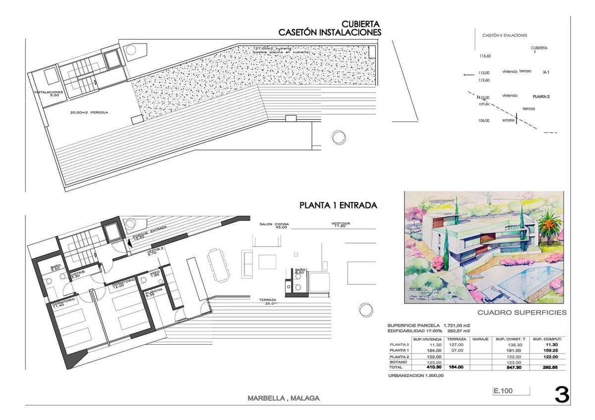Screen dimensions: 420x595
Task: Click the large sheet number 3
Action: tap(561, 395)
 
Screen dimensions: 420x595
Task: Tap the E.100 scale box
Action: tap(503, 391)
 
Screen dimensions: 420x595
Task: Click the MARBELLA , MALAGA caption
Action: tap(283, 398)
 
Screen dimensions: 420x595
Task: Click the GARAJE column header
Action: tap(480, 339)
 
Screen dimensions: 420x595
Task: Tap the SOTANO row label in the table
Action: tap(399, 362)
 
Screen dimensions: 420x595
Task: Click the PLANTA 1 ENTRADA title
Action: tap(338, 205)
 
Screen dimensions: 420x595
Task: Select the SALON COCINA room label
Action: tap(274, 226)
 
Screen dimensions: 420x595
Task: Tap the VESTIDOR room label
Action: tap(341, 225)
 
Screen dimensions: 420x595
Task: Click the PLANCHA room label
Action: tap(151, 293)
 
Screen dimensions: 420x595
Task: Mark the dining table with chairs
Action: tap(217, 263)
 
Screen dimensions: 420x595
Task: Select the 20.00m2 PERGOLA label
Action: tap(89, 113)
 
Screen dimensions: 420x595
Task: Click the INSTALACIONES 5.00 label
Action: tap(49, 94)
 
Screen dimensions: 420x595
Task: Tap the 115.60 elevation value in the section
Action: tap(484, 56)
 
